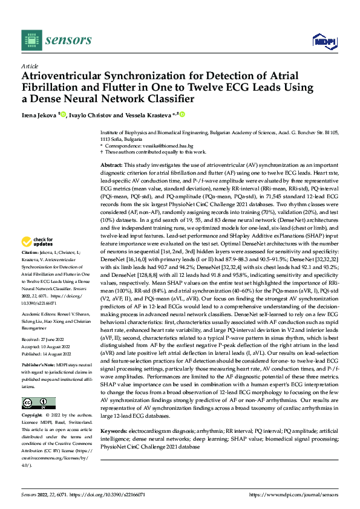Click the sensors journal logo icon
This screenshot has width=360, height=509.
click(x=30, y=40)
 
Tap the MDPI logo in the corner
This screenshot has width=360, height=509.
click(x=324, y=41)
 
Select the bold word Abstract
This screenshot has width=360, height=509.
click(x=112, y=164)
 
